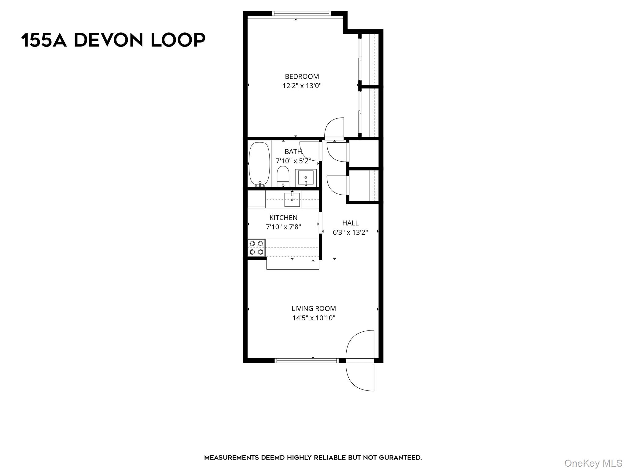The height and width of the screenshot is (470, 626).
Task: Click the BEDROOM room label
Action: pyautogui.click(x=302, y=76)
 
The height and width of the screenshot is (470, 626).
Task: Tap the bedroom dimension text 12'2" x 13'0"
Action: pyautogui.click(x=302, y=86)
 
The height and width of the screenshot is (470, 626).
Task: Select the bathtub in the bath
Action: pyautogui.click(x=260, y=164)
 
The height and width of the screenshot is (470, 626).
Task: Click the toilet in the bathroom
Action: pyautogui.click(x=283, y=176)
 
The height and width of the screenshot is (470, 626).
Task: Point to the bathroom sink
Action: pyautogui.click(x=306, y=178)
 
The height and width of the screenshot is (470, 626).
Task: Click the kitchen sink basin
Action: pyautogui.click(x=292, y=200)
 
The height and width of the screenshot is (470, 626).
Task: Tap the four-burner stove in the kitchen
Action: pyautogui.click(x=256, y=248)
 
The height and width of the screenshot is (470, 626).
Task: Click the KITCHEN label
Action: pyautogui.click(x=283, y=218)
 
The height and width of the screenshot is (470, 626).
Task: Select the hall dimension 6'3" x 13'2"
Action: pyautogui.click(x=350, y=232)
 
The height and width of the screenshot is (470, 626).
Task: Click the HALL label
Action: pyautogui.click(x=350, y=223)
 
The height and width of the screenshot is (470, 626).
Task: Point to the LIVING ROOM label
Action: pyautogui.click(x=314, y=308)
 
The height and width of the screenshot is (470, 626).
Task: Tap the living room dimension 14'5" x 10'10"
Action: pyautogui.click(x=314, y=318)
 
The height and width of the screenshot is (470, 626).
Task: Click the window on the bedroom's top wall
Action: pyautogui.click(x=301, y=13)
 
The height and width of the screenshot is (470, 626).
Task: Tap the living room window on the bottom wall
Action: pyautogui.click(x=307, y=361)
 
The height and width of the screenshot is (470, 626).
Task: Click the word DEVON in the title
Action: pyautogui.click(x=109, y=40)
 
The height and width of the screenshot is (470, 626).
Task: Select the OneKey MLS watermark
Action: pyautogui.click(x=593, y=463)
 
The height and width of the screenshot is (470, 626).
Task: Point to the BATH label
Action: pyautogui.click(x=293, y=151)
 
